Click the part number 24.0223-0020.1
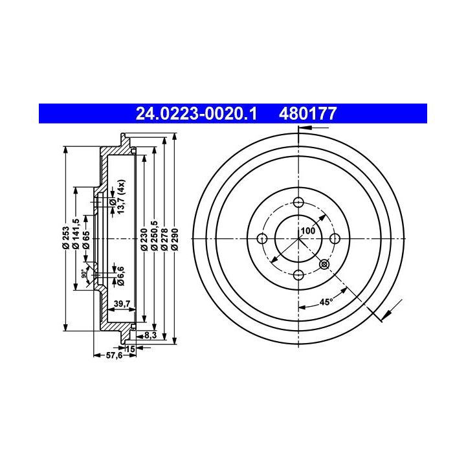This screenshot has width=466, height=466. pyautogui.click(x=196, y=113)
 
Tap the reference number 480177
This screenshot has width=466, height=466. pyautogui.click(x=307, y=113)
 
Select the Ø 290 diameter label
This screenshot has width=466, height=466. pyautogui.click(x=175, y=239)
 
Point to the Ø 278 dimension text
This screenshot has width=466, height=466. pyautogui.click(x=164, y=239)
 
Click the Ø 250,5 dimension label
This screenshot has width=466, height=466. pyautogui.click(x=154, y=236)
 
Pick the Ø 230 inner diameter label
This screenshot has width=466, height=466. pyautogui.click(x=144, y=239)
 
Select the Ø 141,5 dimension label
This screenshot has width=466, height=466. pyautogui.click(x=76, y=234)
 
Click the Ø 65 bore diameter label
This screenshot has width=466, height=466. pyautogui.click(x=86, y=240)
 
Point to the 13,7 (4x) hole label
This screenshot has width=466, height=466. pyautogui.click(x=121, y=197)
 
